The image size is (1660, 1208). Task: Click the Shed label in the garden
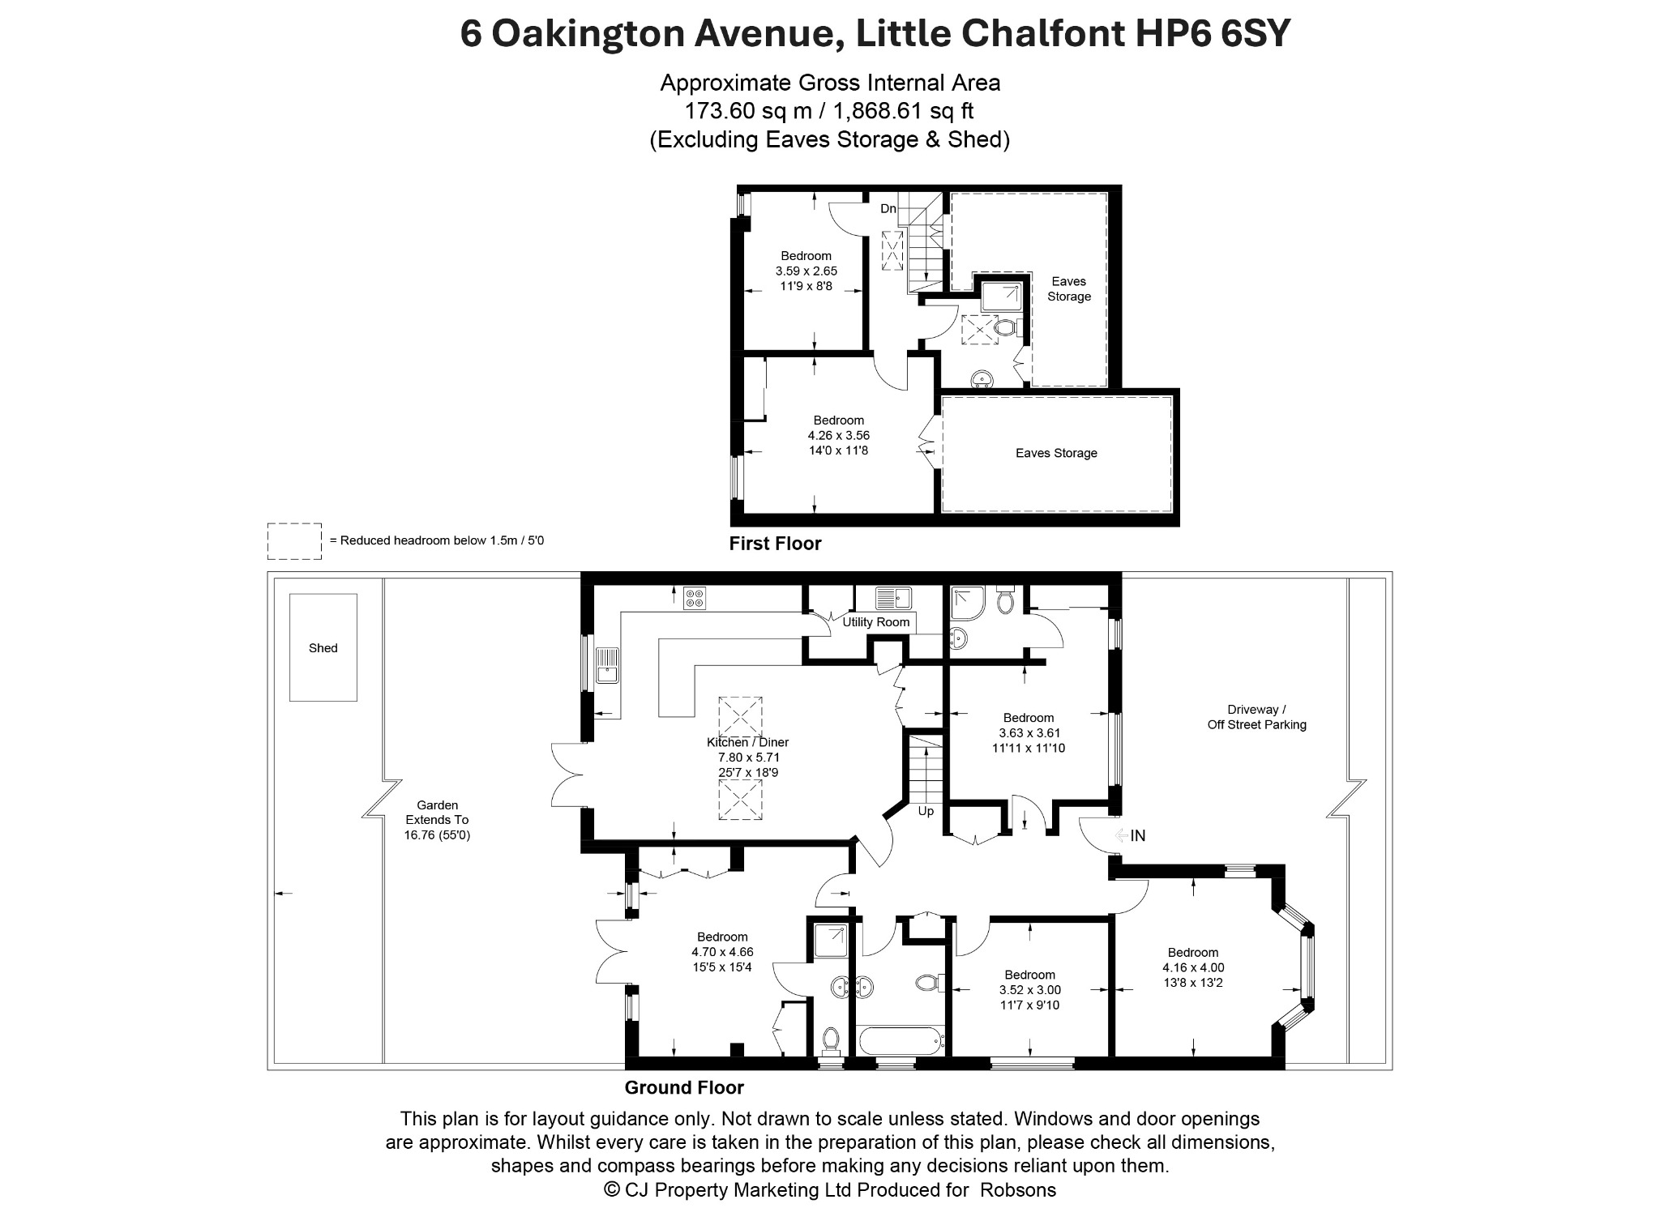pos(323,648)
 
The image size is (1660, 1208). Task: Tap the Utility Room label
pos(876,622)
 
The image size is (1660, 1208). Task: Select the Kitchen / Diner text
pos(747,742)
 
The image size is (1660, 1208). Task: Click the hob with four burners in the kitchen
pos(695,598)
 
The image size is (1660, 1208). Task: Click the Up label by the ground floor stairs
pos(926,811)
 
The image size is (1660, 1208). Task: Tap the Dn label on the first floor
pos(888,208)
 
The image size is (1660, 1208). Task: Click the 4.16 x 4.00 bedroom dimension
pos(1193,967)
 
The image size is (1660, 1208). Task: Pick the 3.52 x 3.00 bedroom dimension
pos(1030,990)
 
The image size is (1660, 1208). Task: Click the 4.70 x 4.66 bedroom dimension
pos(722,952)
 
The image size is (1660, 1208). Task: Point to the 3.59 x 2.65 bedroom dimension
pos(806,271)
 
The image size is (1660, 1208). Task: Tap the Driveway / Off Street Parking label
pos(1257,717)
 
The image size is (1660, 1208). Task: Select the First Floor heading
pos(775,544)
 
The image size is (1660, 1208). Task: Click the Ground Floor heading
pos(684,1087)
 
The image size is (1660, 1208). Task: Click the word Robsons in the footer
pos(1018,1189)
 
